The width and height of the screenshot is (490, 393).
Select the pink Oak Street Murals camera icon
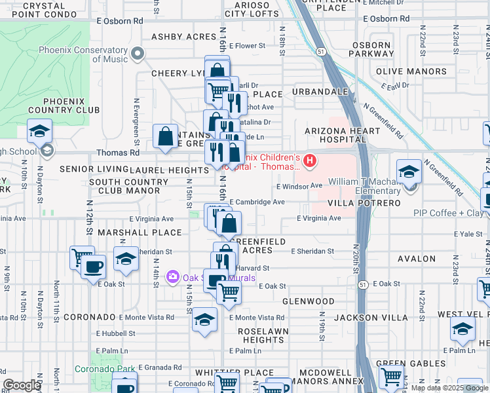173,277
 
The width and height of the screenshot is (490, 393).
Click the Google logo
22,385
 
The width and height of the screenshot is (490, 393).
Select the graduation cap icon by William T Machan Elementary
409,172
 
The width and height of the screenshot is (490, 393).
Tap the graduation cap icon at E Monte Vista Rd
204,320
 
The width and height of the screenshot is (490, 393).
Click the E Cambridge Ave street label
257,202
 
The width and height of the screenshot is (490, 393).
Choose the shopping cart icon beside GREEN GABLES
391,377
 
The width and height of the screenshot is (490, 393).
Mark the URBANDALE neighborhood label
320,91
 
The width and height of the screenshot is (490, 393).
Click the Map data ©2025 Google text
449,388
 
